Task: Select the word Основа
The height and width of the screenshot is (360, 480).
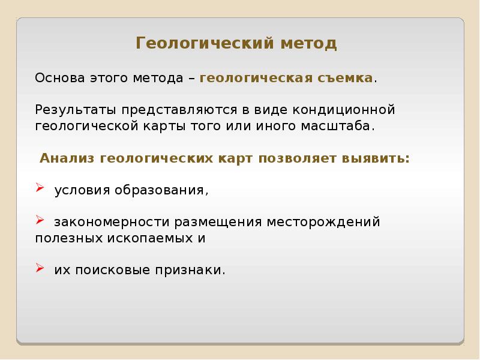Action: (61, 79)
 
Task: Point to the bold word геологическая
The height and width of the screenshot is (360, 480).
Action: (255, 79)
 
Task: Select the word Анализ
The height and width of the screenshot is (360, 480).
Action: (67, 158)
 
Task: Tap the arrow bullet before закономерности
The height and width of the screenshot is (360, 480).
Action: (40, 221)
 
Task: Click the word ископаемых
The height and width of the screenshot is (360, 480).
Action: (154, 238)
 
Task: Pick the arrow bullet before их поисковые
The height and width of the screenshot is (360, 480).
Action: (40, 268)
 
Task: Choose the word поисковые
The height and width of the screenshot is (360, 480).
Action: (116, 270)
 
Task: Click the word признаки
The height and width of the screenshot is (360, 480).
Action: (194, 270)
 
